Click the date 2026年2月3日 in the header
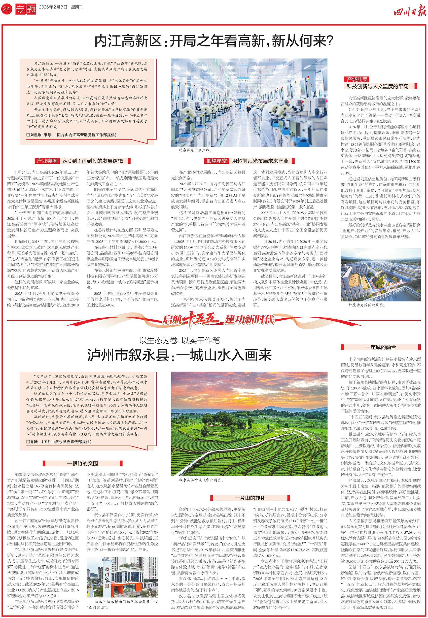(x=53, y=7)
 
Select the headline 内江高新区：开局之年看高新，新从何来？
(x=214, y=41)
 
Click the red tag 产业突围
(x=47, y=161)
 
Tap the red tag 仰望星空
(x=216, y=161)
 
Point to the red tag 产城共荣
(x=357, y=79)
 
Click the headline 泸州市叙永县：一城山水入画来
(x=180, y=355)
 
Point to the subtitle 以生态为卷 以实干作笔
(x=180, y=340)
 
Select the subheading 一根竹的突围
(x=82, y=463)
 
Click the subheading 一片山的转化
(x=250, y=498)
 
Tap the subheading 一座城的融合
(x=380, y=347)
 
